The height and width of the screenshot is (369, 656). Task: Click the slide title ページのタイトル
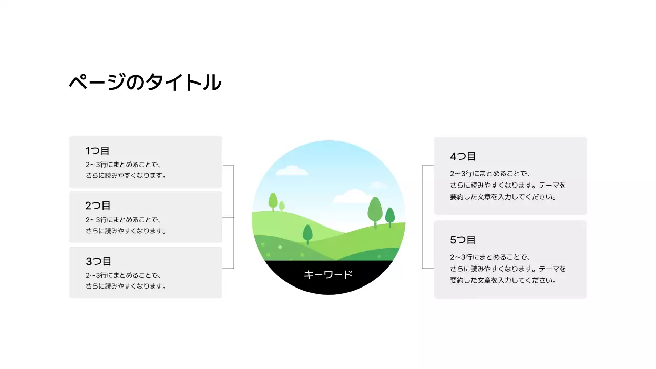click(x=145, y=83)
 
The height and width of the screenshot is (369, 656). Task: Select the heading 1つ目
click(x=97, y=151)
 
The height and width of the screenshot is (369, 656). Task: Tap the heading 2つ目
click(x=98, y=206)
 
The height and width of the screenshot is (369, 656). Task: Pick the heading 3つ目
click(x=98, y=261)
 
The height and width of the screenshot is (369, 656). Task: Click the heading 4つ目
click(x=463, y=156)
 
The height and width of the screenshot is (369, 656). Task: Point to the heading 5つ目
click(x=463, y=240)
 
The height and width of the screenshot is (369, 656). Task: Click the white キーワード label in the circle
click(x=328, y=275)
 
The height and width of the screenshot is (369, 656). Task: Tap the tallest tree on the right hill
click(x=375, y=210)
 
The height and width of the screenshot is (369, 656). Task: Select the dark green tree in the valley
click(x=307, y=234)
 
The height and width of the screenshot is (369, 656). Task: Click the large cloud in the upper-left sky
click(x=292, y=170)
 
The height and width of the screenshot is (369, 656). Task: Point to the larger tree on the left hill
click(x=273, y=201)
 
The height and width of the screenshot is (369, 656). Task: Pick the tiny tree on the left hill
click(x=282, y=206)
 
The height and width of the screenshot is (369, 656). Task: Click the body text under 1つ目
click(x=126, y=170)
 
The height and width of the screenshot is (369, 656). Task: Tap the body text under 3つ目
click(x=126, y=281)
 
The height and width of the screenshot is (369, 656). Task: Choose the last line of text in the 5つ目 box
click(x=503, y=281)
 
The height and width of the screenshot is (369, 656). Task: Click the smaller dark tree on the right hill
click(x=390, y=216)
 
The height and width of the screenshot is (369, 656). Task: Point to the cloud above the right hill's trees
click(x=353, y=196)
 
